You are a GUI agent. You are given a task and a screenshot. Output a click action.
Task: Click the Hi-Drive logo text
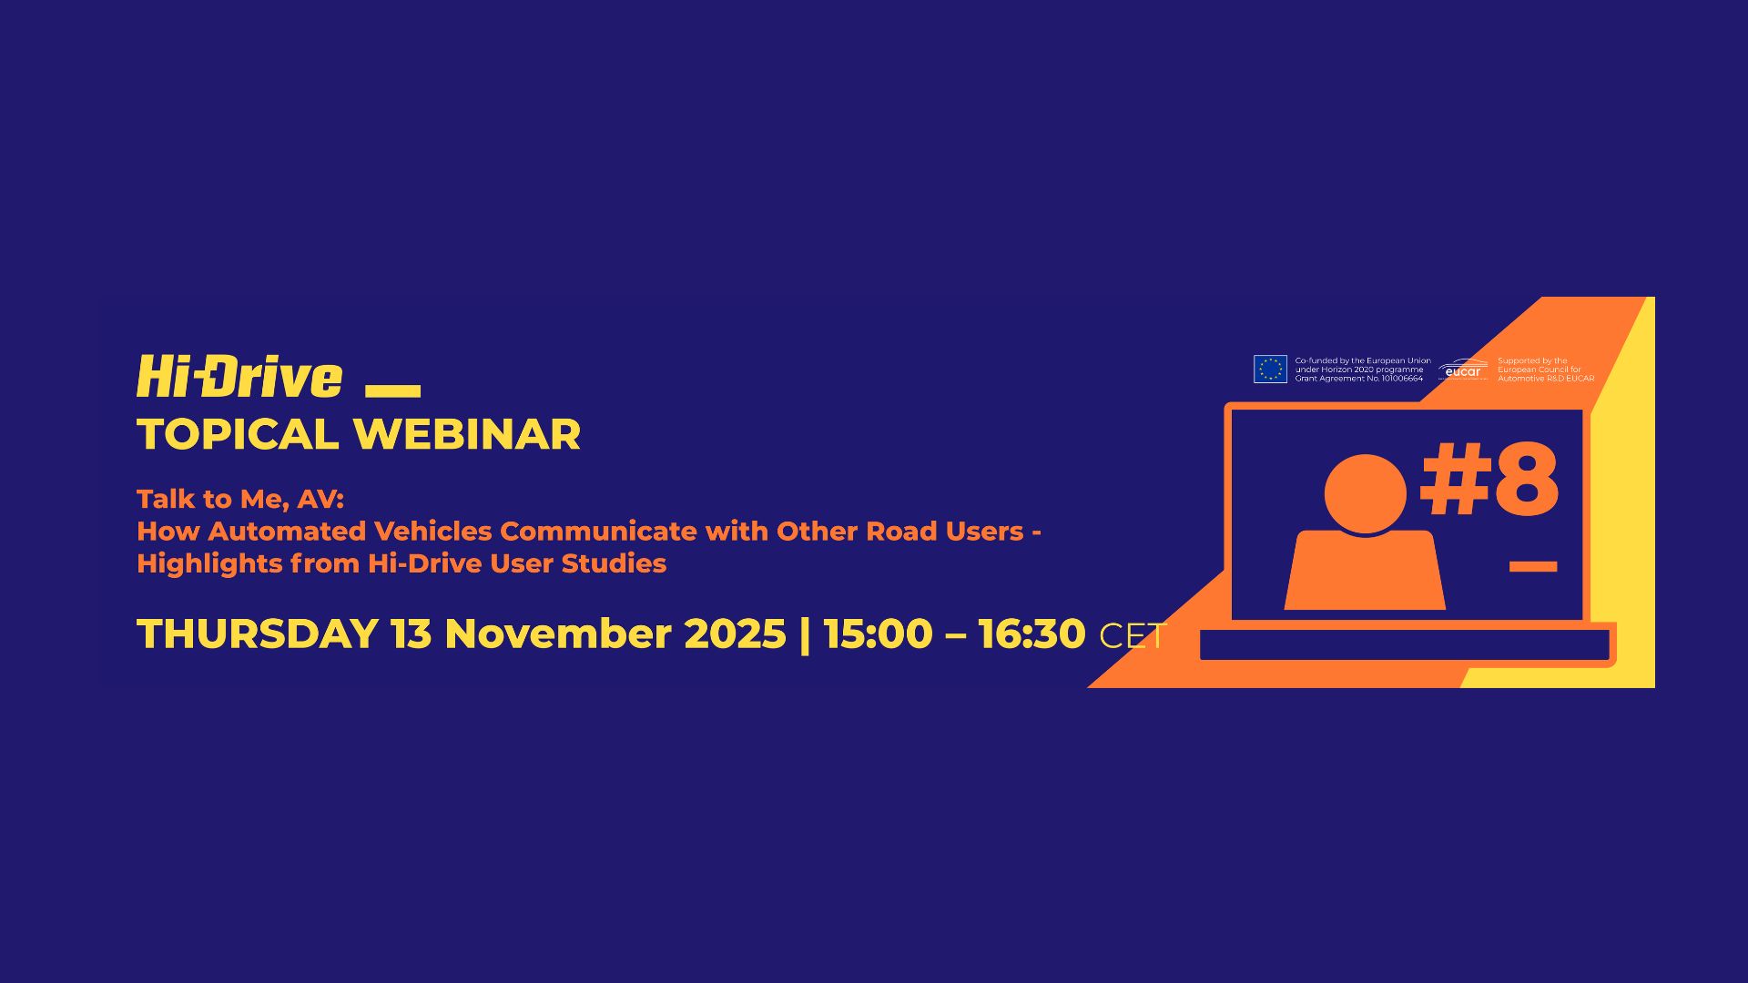click(x=239, y=377)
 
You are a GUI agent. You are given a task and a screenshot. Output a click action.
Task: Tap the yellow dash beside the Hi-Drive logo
click(x=392, y=390)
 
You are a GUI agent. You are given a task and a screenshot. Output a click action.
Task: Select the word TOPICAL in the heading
click(x=238, y=434)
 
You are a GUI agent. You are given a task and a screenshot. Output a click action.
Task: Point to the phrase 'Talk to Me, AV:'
click(x=240, y=499)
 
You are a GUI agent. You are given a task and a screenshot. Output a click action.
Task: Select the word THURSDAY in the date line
click(x=258, y=633)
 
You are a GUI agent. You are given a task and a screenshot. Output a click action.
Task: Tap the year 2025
click(x=735, y=633)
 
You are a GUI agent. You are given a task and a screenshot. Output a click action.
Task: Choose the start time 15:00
click(x=879, y=633)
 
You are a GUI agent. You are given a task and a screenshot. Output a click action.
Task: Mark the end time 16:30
click(x=1032, y=633)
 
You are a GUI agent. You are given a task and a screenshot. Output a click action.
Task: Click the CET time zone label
click(x=1133, y=636)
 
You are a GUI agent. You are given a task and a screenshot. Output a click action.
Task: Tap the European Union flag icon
click(x=1270, y=369)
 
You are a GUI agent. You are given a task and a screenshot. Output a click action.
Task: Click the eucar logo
click(x=1463, y=370)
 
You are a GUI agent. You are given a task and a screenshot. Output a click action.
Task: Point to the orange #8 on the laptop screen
click(x=1489, y=480)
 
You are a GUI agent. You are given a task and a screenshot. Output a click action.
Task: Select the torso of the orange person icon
click(x=1365, y=571)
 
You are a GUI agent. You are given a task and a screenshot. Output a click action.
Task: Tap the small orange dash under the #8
click(x=1533, y=566)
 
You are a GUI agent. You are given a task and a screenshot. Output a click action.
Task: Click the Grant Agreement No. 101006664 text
click(x=1359, y=379)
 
